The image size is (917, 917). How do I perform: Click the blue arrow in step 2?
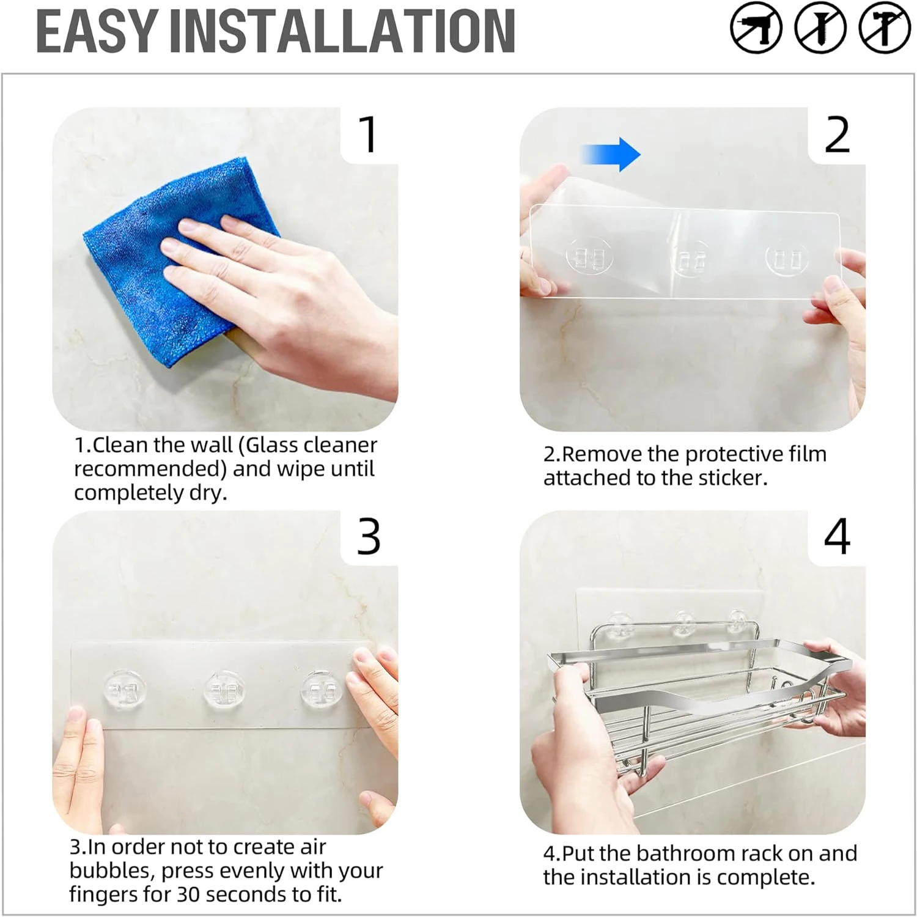[x=610, y=154]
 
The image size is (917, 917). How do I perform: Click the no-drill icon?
[x=756, y=28]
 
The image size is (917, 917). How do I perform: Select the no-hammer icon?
[x=885, y=28]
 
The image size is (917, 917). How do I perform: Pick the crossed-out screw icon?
[x=820, y=28]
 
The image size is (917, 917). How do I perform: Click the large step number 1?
[x=369, y=134]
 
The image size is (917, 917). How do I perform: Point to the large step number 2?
[x=837, y=134]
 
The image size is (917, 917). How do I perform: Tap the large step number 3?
[x=369, y=537]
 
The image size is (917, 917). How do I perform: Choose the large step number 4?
[x=837, y=537]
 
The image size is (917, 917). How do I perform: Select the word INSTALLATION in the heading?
[x=342, y=31]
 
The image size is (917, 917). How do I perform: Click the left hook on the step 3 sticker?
[x=125, y=691]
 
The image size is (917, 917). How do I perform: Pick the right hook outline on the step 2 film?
[x=788, y=258]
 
